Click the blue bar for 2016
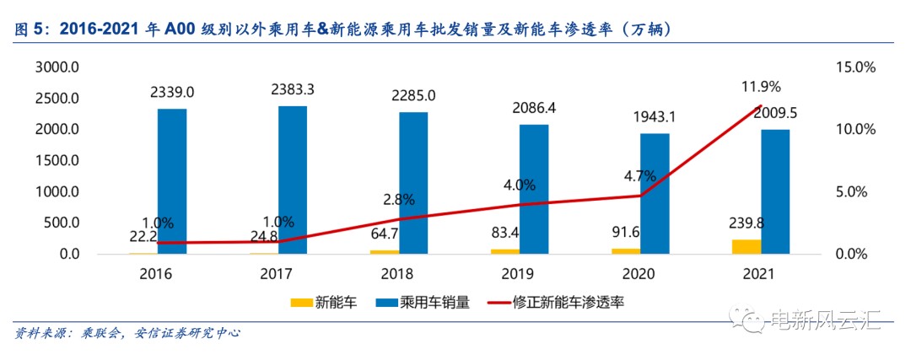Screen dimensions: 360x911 tap(172, 181)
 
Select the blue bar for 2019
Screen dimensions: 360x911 tap(533, 189)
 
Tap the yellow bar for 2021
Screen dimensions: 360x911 tap(747, 246)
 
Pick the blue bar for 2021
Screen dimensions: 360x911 tap(775, 191)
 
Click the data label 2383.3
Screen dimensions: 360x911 tap(294, 89)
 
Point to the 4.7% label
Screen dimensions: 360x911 tap(640, 177)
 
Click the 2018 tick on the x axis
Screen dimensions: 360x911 tap(398, 274)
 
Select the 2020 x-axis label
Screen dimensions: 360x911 tap(639, 274)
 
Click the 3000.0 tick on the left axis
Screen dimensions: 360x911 tap(57, 67)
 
